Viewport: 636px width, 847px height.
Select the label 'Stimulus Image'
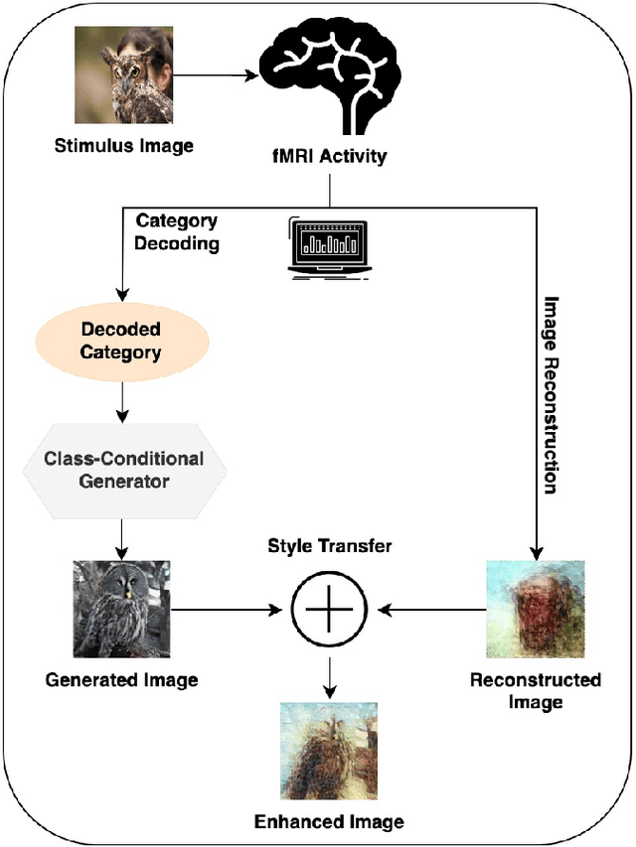(x=123, y=147)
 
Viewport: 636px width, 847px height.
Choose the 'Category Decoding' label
(x=177, y=231)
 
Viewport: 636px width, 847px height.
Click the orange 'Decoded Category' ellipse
(x=120, y=341)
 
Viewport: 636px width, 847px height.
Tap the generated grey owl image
(x=122, y=608)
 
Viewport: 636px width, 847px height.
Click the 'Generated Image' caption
(x=121, y=680)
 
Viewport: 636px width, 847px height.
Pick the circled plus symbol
(x=329, y=608)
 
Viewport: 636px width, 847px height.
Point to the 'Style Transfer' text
(x=329, y=547)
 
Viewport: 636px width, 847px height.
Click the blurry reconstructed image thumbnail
(x=535, y=609)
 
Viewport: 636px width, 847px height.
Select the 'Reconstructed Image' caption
(x=535, y=691)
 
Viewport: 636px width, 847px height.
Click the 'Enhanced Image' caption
(x=329, y=821)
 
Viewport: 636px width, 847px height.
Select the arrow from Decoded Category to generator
(x=121, y=401)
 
